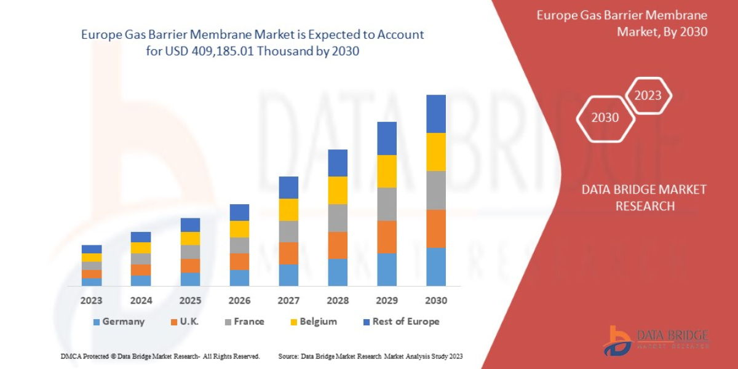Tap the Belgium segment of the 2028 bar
click(x=338, y=190)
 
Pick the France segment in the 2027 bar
click(x=288, y=231)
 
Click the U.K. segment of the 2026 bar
click(x=239, y=261)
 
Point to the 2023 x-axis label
click(x=91, y=301)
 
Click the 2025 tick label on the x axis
click(x=190, y=301)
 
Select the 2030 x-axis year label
click(x=436, y=301)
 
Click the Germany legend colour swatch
click(x=96, y=322)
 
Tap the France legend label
click(x=249, y=322)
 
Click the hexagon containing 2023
click(x=648, y=95)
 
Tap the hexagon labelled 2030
click(x=605, y=117)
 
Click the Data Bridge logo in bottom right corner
click(x=656, y=340)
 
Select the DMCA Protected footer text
click(x=160, y=356)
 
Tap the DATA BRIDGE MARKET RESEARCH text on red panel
click(x=644, y=197)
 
